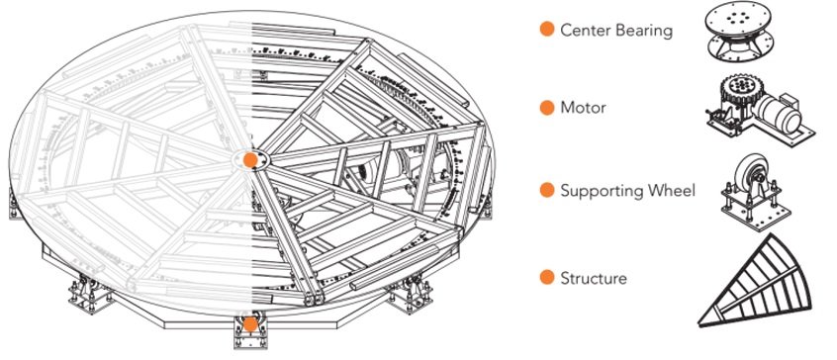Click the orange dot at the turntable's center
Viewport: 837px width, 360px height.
coord(251,158)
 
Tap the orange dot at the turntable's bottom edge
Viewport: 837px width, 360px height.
coord(251,323)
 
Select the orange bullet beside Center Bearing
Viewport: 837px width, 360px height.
coord(545,30)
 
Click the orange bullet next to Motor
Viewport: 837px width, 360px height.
coord(545,106)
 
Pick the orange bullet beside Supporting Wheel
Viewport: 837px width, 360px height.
coord(545,189)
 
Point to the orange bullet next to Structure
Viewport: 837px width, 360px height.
coord(545,279)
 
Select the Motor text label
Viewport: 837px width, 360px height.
coord(584,106)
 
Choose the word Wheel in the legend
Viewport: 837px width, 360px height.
coord(672,189)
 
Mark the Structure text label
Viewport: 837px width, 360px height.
coord(594,279)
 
